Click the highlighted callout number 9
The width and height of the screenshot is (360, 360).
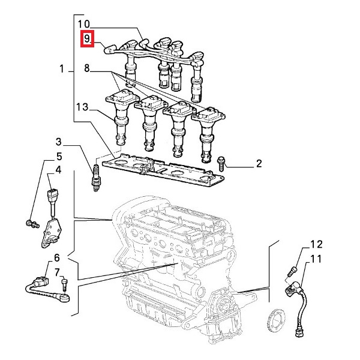(x=88, y=40)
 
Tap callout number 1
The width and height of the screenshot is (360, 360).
(x=62, y=70)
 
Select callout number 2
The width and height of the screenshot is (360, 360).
(x=259, y=163)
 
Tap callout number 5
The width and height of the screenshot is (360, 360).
(x=59, y=157)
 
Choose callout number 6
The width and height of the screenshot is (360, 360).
(x=57, y=257)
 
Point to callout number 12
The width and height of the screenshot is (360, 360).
(x=316, y=245)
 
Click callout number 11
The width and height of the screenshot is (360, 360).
(x=316, y=259)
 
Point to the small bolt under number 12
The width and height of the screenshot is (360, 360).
(x=293, y=271)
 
